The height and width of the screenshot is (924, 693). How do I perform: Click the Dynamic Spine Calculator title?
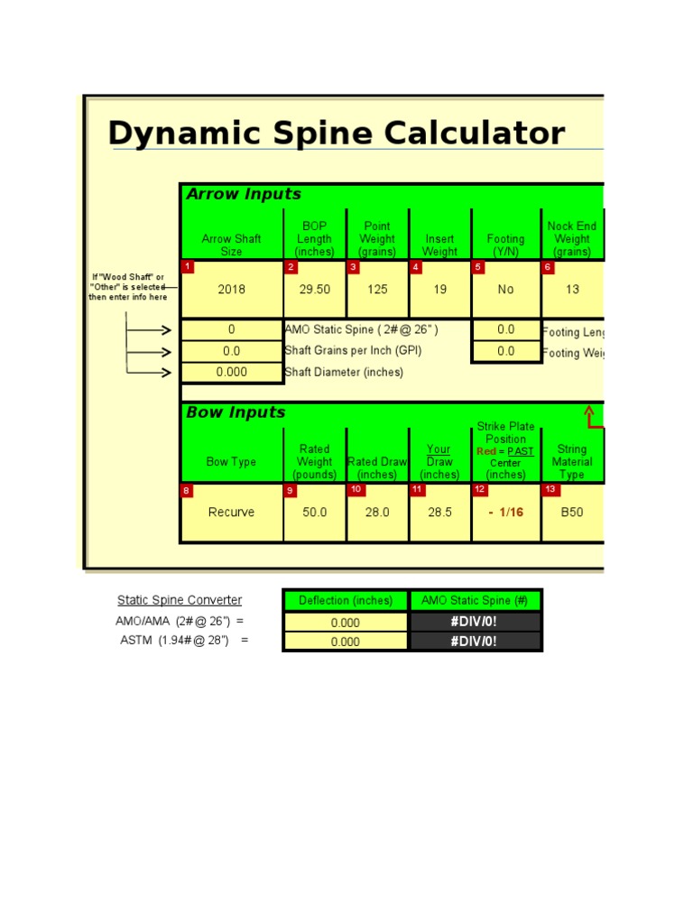click(336, 134)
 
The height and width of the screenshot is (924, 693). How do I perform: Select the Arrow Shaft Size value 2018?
click(231, 290)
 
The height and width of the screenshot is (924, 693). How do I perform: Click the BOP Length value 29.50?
click(314, 290)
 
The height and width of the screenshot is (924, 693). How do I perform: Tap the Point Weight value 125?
click(377, 290)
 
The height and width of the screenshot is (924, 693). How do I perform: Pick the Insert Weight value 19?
click(439, 290)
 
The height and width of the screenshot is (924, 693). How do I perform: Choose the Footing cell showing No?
click(505, 290)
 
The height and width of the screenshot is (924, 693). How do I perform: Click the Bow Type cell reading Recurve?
click(231, 512)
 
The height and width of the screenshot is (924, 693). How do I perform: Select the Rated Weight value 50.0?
click(314, 512)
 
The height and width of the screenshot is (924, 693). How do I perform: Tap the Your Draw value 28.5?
click(439, 512)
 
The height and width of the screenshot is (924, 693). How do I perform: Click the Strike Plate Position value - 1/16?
click(505, 512)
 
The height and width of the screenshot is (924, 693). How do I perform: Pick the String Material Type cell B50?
click(572, 512)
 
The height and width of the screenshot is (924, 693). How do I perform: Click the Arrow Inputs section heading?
click(244, 194)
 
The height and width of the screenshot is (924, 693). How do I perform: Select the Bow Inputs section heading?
click(236, 412)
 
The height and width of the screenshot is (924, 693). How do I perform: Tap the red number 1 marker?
click(187, 267)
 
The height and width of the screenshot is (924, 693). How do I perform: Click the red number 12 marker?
click(480, 490)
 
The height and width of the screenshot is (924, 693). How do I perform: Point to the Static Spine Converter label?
click(180, 600)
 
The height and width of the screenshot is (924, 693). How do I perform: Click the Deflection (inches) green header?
click(346, 600)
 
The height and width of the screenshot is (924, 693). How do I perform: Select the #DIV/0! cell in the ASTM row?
click(475, 642)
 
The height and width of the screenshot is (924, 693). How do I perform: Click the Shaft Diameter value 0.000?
click(231, 372)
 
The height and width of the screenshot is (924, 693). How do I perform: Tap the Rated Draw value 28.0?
click(377, 512)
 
